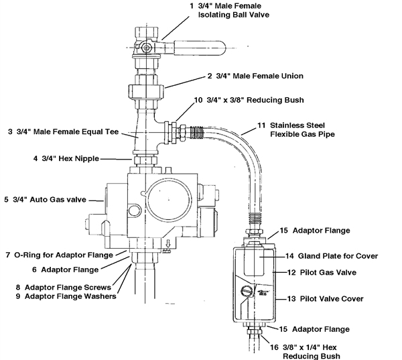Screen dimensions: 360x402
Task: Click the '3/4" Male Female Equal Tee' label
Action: point(60,132)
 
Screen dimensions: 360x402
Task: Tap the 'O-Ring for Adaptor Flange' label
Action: point(64,255)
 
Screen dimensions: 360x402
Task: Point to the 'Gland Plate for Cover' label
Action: point(328,256)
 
